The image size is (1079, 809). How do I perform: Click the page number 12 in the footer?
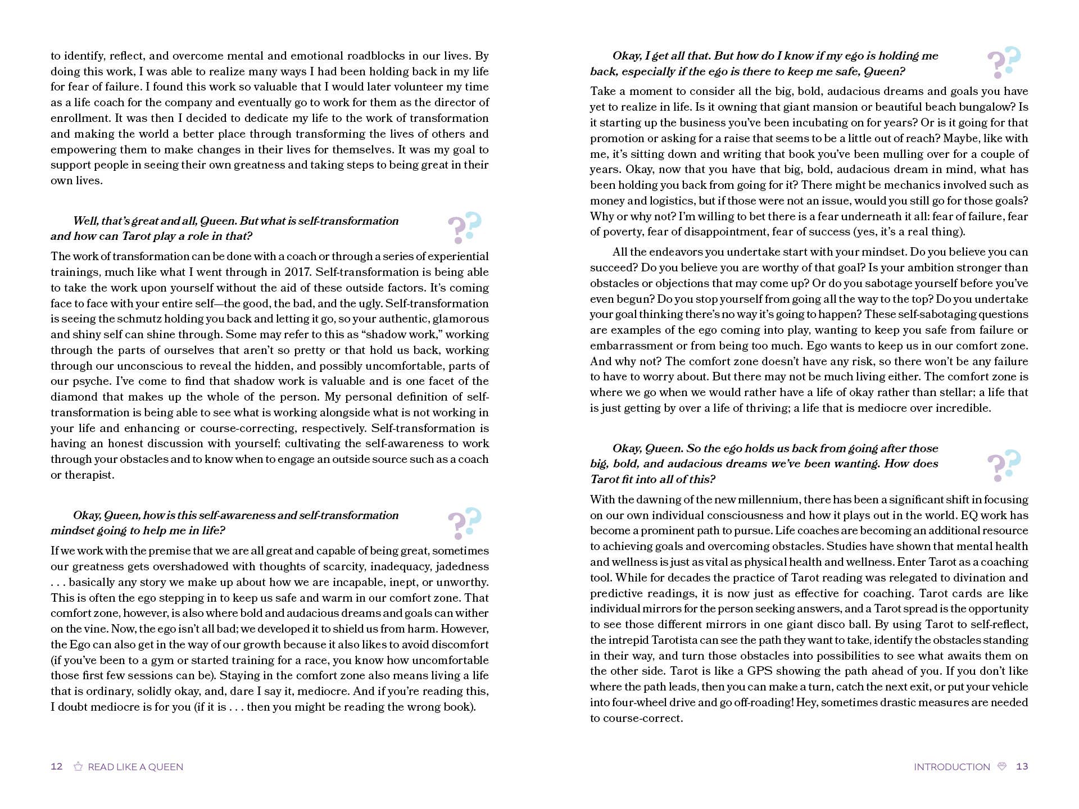(56, 766)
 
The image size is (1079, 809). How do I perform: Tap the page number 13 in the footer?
(1022, 766)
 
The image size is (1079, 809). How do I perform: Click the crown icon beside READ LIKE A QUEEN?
(78, 766)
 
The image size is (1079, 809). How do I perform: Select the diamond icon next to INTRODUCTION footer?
(1002, 766)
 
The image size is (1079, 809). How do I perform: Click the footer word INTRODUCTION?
(951, 767)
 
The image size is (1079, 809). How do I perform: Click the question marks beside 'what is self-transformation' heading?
(465, 228)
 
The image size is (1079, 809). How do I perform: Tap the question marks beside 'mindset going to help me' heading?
(465, 522)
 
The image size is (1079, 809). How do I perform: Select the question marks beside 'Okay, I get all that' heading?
(1004, 62)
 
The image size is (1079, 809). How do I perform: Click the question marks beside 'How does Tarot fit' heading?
(1004, 465)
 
